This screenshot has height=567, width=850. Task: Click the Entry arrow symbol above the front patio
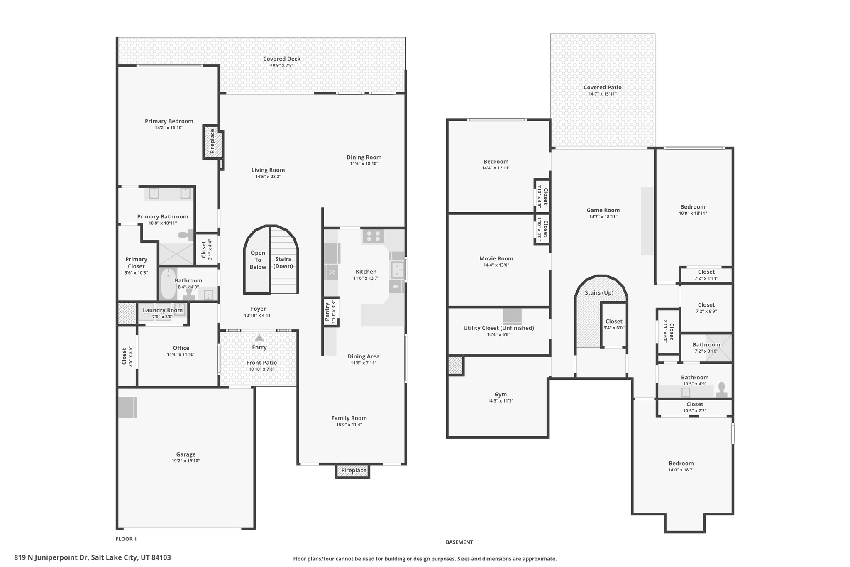pyautogui.click(x=259, y=337)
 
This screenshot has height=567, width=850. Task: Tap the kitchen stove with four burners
pyautogui.click(x=373, y=236)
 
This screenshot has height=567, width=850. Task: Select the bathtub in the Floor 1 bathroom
pyautogui.click(x=168, y=284)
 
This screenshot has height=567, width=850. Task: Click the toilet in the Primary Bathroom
pyautogui.click(x=186, y=235)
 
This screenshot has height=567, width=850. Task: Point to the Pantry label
pyautogui.click(x=327, y=312)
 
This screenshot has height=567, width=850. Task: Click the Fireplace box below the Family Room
pyautogui.click(x=353, y=471)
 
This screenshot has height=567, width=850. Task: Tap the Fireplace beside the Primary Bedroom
pyautogui.click(x=212, y=142)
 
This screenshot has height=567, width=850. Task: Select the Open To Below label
pyautogui.click(x=258, y=260)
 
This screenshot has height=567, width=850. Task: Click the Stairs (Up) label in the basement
pyautogui.click(x=599, y=292)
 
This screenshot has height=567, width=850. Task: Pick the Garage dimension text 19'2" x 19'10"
pyautogui.click(x=186, y=461)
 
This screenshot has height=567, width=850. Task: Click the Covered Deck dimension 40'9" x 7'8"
pyautogui.click(x=282, y=65)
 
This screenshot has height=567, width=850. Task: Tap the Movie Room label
pyautogui.click(x=496, y=258)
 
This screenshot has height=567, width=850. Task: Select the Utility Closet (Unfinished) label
pyautogui.click(x=498, y=328)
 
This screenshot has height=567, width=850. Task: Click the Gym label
pyautogui.click(x=500, y=394)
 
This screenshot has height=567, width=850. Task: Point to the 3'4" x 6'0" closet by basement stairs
pyautogui.click(x=613, y=328)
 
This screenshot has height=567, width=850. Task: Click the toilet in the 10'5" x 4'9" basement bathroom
pyautogui.click(x=721, y=390)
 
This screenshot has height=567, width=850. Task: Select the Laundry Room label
pyautogui.click(x=163, y=310)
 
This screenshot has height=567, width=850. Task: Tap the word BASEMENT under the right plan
pyautogui.click(x=459, y=542)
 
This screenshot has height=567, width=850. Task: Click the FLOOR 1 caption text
pyautogui.click(x=126, y=539)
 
